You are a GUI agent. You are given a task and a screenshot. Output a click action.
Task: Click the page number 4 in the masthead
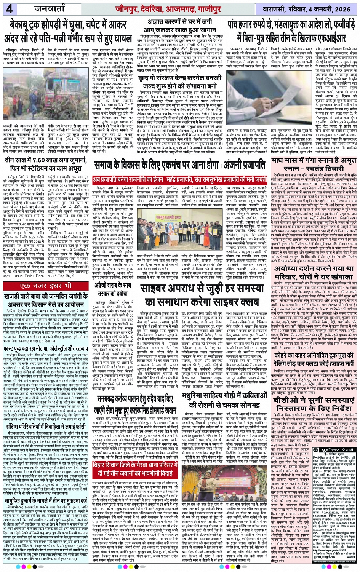[x=8, y=9]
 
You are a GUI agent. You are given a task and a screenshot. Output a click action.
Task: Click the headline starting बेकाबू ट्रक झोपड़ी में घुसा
[x=69, y=32]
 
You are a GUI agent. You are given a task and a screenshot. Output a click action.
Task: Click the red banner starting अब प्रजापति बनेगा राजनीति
[x=180, y=179]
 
